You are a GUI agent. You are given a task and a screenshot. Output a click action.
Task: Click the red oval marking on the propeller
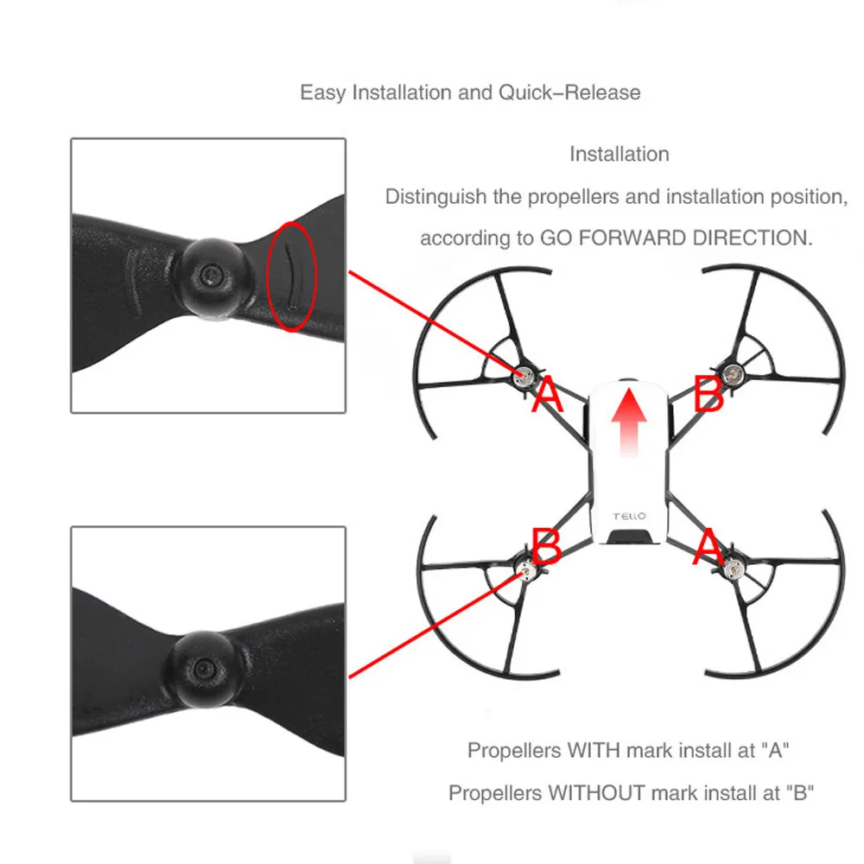(292, 276)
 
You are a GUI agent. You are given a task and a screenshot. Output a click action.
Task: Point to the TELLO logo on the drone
(629, 516)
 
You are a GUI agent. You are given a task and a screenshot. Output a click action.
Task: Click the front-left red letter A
(547, 396)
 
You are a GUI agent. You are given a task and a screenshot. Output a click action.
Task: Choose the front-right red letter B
(708, 394)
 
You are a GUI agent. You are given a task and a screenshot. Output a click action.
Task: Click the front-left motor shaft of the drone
(523, 375)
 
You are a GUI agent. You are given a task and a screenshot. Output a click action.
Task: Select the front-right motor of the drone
(734, 374)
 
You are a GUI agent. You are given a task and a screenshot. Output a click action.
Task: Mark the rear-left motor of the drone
(524, 568)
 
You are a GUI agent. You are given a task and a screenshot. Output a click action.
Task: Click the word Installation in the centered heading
(619, 155)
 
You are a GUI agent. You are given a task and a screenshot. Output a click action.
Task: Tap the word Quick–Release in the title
(569, 92)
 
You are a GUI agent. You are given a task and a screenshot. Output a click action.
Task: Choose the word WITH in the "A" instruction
(593, 750)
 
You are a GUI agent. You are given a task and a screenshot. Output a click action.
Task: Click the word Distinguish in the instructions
(435, 197)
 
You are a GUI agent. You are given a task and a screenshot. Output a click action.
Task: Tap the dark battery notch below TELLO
(629, 538)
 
